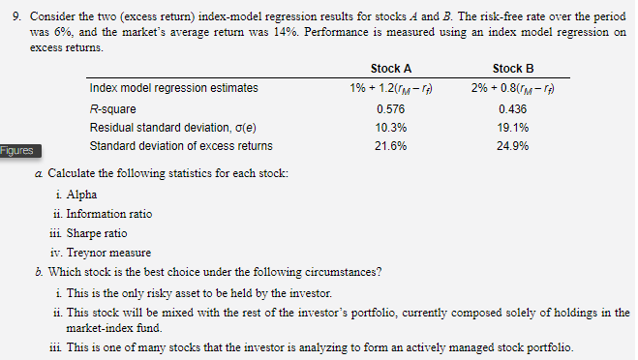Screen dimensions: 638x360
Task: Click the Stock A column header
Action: coord(390,69)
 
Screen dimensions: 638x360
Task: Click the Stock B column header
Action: coord(513,69)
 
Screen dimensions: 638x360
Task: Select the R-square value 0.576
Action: coord(390,109)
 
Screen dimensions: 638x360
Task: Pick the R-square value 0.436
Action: coord(513,109)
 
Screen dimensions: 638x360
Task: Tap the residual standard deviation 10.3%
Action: coord(390,128)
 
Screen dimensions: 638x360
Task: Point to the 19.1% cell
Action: coord(513,128)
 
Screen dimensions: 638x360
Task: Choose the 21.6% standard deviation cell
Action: coord(390,146)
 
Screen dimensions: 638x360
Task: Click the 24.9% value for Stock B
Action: coord(513,146)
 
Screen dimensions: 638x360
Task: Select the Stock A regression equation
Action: coord(390,88)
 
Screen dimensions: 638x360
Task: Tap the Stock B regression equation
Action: coord(513,88)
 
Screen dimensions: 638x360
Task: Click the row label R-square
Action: coord(112,109)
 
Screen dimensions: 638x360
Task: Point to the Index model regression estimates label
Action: coord(173,88)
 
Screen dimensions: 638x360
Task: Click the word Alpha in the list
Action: coord(81,195)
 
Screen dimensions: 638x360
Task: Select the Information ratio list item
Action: coord(109,214)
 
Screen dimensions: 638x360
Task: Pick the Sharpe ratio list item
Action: coord(97,233)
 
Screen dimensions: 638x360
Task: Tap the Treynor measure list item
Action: coord(108,253)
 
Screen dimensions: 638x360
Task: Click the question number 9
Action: coord(16,16)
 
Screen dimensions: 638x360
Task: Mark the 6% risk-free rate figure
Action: coord(63,32)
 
